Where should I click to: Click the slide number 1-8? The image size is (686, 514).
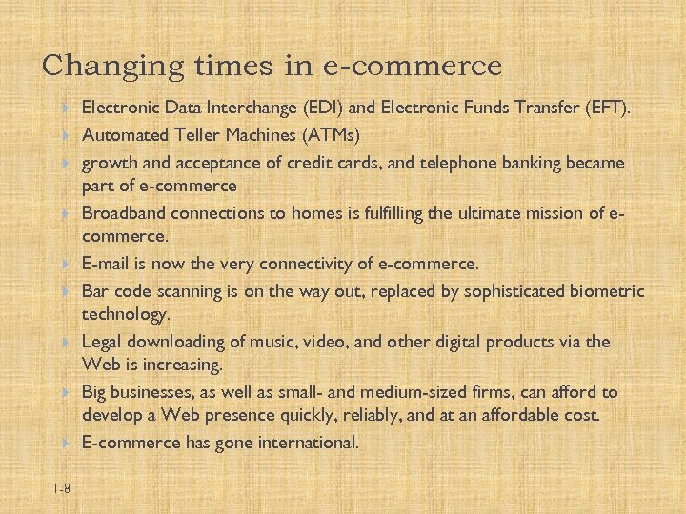62,488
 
